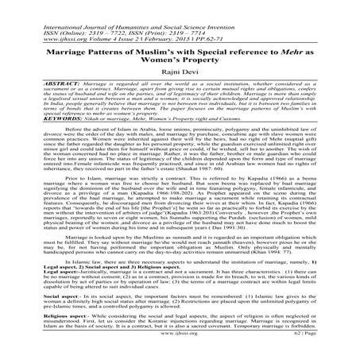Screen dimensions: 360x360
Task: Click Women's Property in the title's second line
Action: tap(180, 59)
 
